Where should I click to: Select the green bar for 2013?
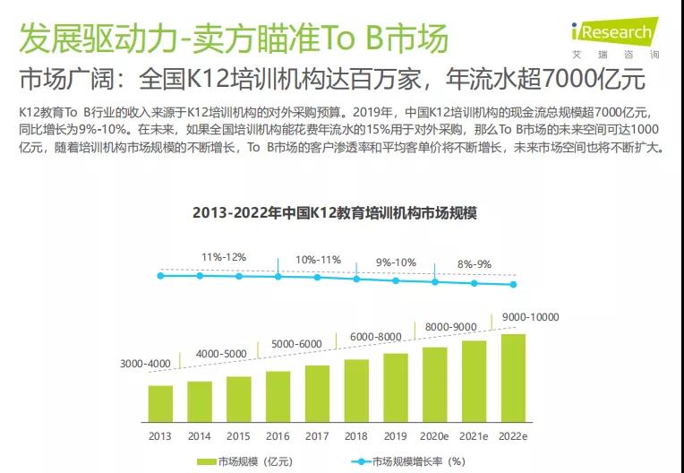[160, 403]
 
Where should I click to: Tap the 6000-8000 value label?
[377, 336]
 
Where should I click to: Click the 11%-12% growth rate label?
[223, 257]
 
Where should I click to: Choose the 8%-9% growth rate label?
[474, 264]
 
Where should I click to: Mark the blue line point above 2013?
[161, 276]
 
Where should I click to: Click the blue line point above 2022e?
[513, 285]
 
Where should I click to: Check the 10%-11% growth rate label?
[319, 260]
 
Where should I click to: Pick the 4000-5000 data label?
[219, 353]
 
